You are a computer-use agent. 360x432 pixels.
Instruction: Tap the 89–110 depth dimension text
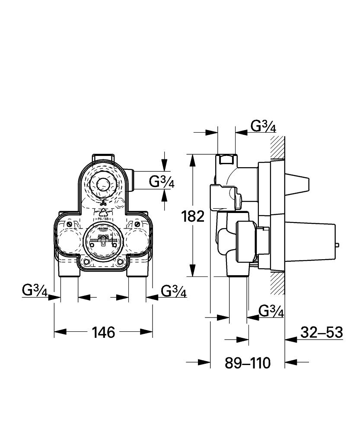[x=247, y=362]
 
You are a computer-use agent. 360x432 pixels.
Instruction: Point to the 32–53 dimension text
[x=322, y=332]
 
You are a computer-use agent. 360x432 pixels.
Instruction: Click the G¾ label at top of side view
[x=263, y=126]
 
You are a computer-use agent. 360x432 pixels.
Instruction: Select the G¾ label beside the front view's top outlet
[x=162, y=182]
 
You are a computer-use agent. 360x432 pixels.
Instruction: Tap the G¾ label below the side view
[x=271, y=311]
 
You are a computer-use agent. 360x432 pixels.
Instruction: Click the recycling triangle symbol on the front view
[x=103, y=212]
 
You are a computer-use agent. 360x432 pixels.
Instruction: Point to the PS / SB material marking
[x=103, y=220]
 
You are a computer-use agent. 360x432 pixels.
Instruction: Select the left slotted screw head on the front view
[x=69, y=225]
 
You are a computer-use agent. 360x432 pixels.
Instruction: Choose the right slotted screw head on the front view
[x=137, y=225]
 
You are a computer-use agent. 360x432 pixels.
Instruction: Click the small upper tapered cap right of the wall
[x=298, y=184]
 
